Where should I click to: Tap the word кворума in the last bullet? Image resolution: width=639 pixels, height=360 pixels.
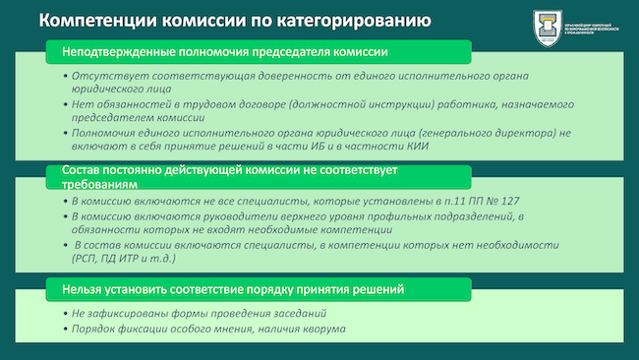click(x=323, y=328)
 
